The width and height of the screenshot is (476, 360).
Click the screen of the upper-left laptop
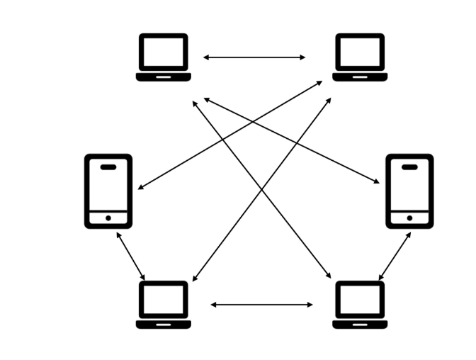(164, 52)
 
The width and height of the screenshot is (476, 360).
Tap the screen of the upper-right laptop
(360, 52)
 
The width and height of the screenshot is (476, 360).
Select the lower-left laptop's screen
(164, 299)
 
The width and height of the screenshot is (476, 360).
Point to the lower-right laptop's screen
(360, 299)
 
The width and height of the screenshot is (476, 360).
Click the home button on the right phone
(409, 218)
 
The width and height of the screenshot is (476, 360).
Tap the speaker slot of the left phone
(108, 167)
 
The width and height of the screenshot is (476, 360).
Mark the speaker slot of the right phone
(409, 167)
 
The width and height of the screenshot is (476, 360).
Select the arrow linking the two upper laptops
(254, 57)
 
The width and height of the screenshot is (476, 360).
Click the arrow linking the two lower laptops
(261, 305)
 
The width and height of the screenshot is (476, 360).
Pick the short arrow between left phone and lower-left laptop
(130, 256)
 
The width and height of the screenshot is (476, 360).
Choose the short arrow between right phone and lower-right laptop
(395, 256)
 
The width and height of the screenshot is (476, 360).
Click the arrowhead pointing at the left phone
(140, 188)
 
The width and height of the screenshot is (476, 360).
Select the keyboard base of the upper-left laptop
(164, 77)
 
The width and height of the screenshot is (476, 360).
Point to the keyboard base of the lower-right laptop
(360, 324)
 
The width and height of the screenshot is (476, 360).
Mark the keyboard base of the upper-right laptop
(360, 77)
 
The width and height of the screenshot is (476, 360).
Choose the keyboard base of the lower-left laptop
(164, 324)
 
